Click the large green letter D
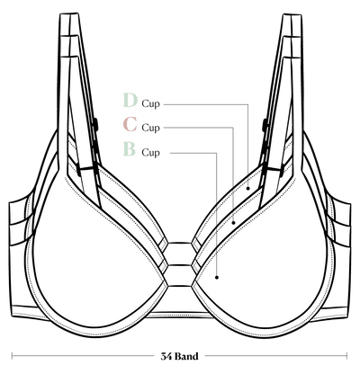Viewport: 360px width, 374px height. [x=130, y=100]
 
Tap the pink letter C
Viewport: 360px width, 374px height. [x=130, y=124]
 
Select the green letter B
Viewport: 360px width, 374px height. [x=130, y=149]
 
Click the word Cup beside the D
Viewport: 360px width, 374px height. [x=151, y=104]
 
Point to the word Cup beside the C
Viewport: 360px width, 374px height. [x=151, y=128]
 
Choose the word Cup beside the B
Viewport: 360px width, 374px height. [x=151, y=153]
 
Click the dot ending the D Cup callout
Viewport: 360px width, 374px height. [x=248, y=188]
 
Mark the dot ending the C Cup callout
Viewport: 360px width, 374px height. [x=233, y=223]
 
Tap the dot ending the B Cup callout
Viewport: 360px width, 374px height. [x=217, y=278]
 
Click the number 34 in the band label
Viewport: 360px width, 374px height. [x=166, y=356]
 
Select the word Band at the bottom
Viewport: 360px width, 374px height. [x=186, y=356]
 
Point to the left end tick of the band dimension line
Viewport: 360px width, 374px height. [x=12, y=356]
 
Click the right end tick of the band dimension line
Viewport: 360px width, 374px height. [x=346, y=356]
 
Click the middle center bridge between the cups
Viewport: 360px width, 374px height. [x=179, y=265]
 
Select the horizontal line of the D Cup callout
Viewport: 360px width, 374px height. [x=206, y=104]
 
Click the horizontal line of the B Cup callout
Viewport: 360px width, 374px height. [x=193, y=153]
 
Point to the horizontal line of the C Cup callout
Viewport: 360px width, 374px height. [x=199, y=128]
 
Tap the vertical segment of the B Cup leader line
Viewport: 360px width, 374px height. [x=217, y=215]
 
